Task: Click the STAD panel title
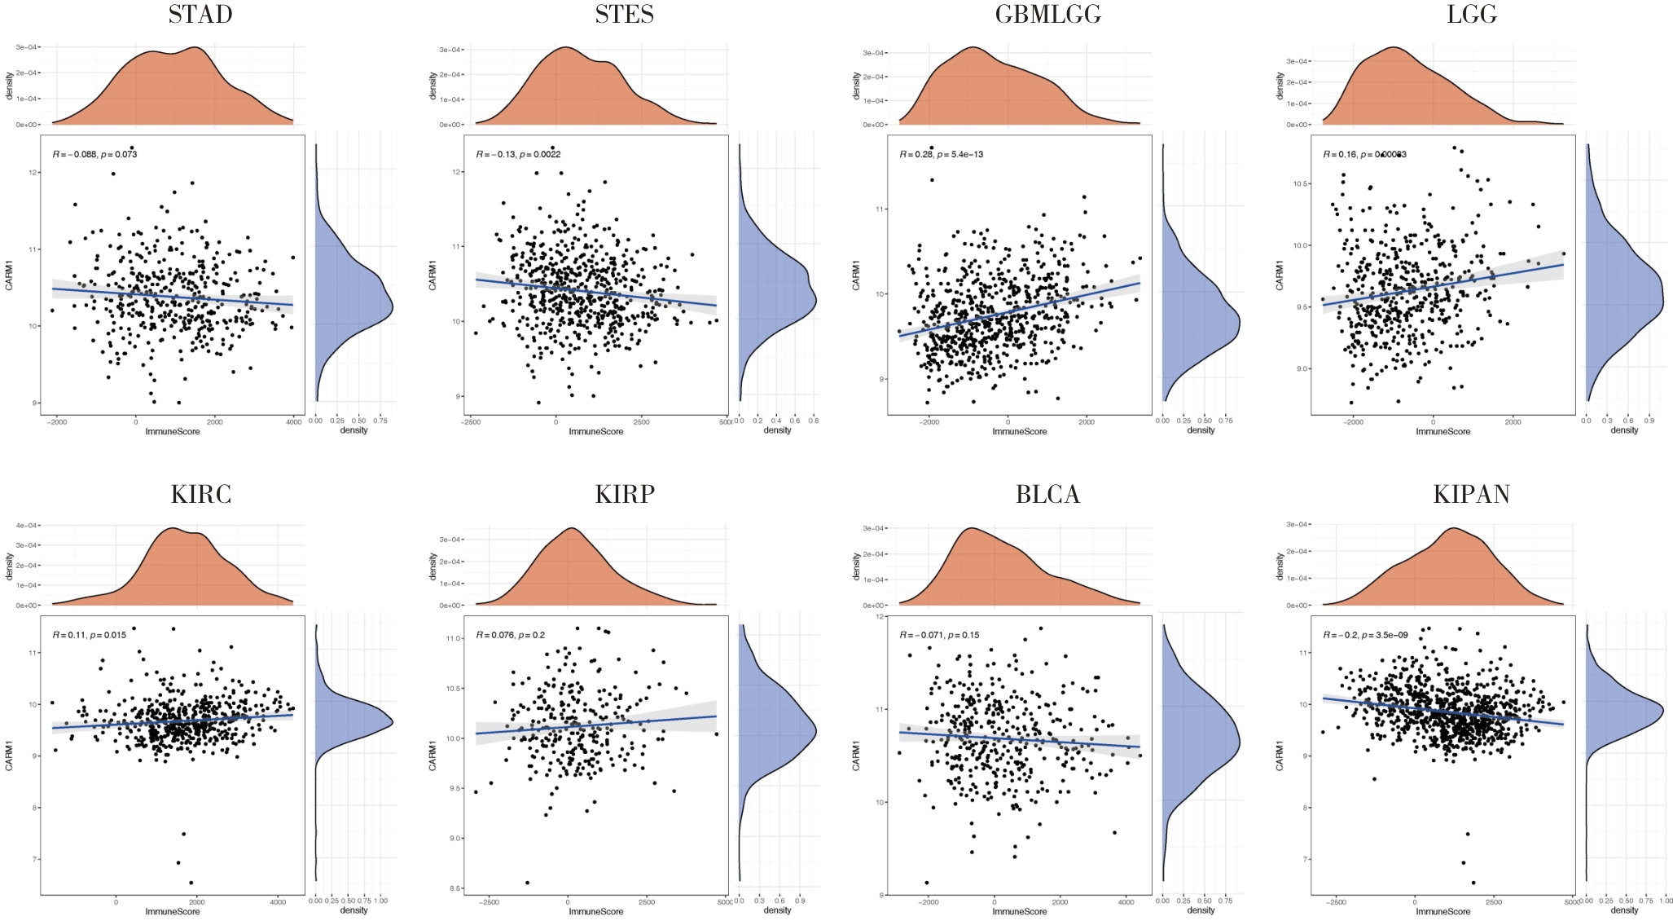200,15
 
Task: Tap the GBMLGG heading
1047,15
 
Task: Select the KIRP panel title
624,495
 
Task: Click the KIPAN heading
1471,495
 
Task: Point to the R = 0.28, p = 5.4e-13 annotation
941,154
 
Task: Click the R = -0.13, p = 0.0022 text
518,154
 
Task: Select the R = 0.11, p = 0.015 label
89,635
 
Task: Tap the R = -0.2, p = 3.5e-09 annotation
1365,635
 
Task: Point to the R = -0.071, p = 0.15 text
939,635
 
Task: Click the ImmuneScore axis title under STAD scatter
172,431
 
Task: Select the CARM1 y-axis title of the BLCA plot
856,756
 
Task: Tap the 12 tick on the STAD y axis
33,173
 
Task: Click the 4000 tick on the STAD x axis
293,421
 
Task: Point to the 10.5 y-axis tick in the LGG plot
1300,184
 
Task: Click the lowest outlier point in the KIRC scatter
191,883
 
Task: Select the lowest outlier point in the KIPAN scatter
1473,883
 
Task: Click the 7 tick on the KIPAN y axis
1305,860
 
